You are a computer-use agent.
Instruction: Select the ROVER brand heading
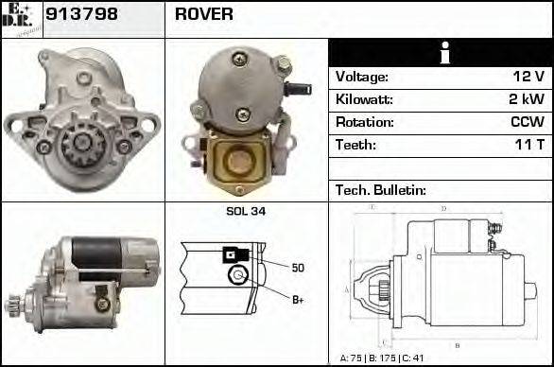(x=204, y=14)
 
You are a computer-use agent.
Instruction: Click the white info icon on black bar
(x=440, y=53)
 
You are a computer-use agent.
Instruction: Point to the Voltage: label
(x=362, y=77)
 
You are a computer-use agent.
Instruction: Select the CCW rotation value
(x=526, y=122)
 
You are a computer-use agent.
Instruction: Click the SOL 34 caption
(x=245, y=211)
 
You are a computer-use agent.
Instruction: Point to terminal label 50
(x=298, y=268)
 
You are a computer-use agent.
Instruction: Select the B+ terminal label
(x=298, y=300)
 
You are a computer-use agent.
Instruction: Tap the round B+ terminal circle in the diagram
(x=237, y=277)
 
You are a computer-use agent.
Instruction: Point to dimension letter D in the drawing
(x=442, y=208)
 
